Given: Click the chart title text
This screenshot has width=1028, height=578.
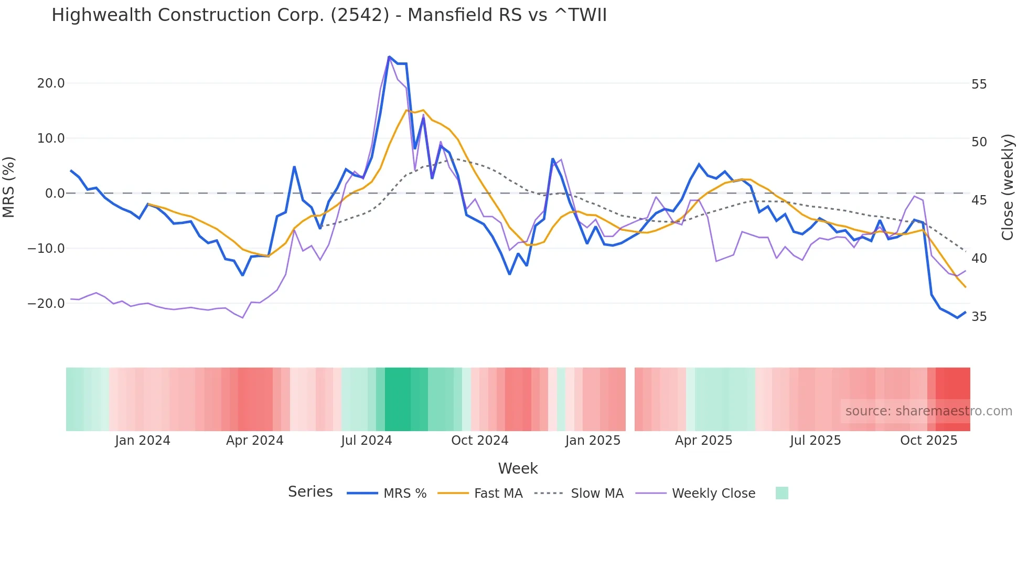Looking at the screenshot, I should point(329,15).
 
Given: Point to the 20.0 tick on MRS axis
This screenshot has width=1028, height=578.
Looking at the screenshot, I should point(51,83).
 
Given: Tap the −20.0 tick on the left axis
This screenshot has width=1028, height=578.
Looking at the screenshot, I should point(46,304).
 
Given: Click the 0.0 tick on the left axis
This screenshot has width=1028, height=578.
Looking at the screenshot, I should point(55,194).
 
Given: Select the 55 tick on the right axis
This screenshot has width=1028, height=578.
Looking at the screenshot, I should point(979,84).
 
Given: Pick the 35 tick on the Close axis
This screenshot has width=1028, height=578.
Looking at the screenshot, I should point(979,317).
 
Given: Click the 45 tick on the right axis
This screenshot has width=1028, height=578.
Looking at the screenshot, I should point(979,200).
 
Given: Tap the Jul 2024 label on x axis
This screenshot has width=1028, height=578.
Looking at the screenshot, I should point(366,441).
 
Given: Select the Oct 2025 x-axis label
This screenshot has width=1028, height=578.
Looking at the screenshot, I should point(928,441).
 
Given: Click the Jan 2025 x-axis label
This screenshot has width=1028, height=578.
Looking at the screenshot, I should point(593,441).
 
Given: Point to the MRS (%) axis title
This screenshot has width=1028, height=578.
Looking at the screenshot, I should point(9,187).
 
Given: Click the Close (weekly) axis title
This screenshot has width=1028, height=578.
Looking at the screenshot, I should point(1008,187).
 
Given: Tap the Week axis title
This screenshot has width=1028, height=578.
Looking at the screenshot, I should point(518,468).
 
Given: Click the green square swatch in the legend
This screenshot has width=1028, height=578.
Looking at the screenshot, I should point(781,493).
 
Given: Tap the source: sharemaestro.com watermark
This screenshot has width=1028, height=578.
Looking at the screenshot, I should point(928,411).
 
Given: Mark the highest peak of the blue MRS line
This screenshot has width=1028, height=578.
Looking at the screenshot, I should point(389,57).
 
